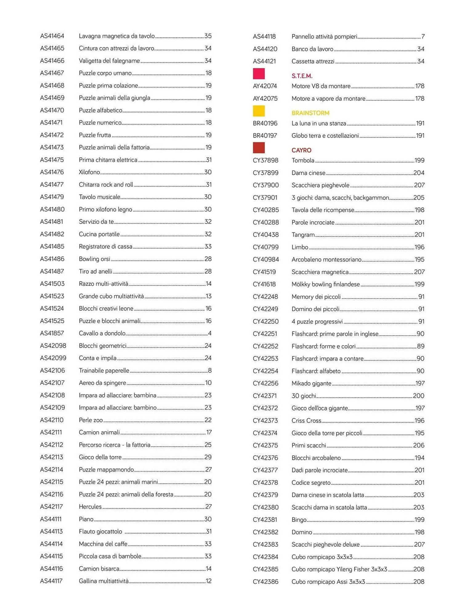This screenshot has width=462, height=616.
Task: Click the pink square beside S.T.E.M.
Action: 259,74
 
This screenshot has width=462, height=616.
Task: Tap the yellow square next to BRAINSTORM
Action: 259,111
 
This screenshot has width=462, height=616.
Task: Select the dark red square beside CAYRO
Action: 259,148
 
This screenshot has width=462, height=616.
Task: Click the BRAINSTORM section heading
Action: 310,113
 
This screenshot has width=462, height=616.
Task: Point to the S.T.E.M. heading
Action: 302,76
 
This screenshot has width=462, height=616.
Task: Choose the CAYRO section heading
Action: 301,150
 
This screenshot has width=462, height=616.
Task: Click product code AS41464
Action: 52,36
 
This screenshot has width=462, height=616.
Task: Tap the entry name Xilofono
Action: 89,172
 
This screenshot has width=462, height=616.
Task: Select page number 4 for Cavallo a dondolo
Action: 209,333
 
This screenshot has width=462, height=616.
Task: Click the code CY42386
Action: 265,582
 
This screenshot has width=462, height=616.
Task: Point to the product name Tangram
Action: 303,235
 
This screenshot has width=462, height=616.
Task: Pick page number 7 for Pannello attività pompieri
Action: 423,37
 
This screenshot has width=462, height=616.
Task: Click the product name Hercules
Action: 90,507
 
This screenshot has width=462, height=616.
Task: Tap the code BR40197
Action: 265,136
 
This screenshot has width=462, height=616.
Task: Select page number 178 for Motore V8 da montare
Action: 419,86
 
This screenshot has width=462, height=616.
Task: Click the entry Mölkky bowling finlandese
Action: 326,284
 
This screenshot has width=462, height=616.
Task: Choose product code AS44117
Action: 51,581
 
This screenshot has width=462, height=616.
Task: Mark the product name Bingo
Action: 299,520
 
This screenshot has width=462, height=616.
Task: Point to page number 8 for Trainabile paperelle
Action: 209,371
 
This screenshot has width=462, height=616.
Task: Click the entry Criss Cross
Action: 306,420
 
